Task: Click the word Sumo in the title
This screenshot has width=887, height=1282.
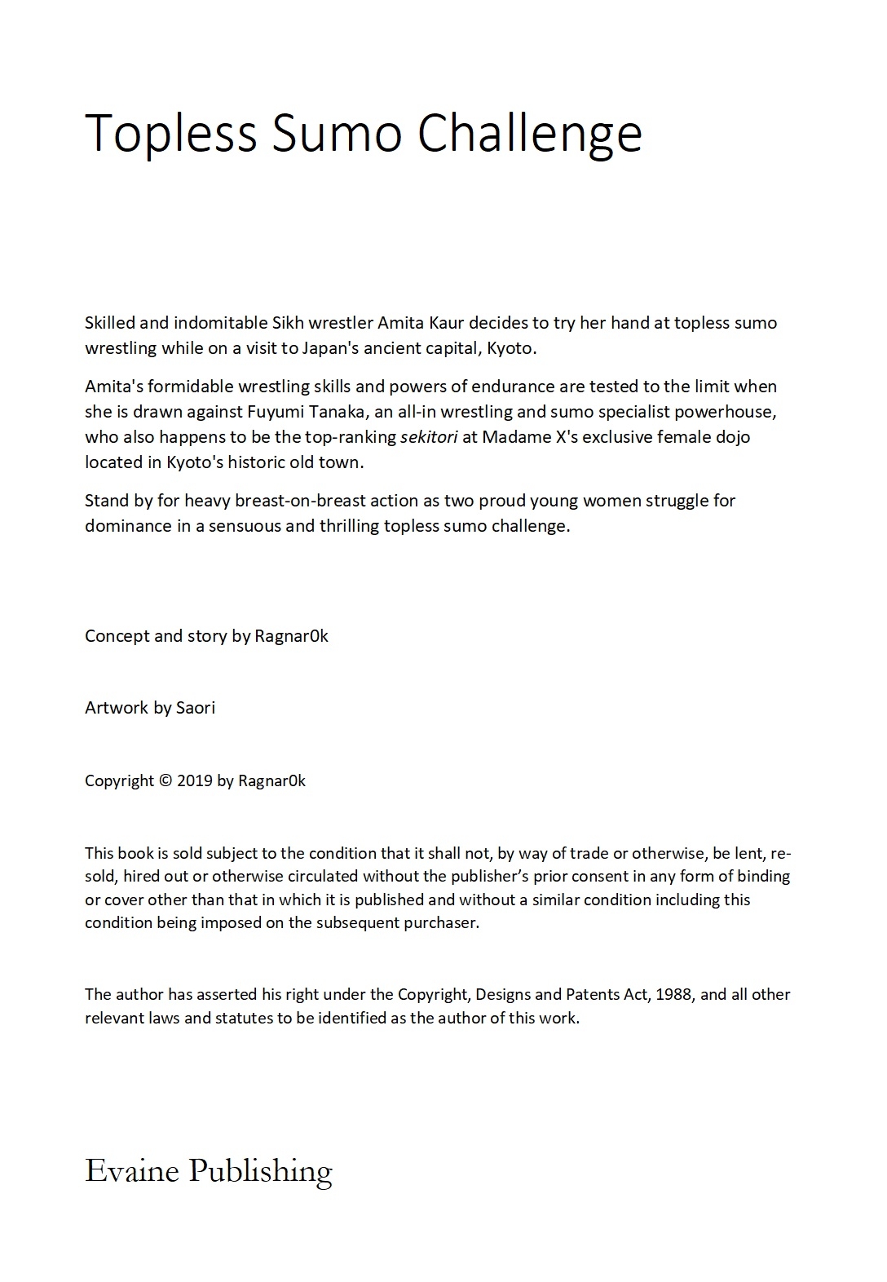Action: pyautogui.click(x=336, y=132)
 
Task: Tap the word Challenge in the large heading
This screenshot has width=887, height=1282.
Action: pyautogui.click(x=530, y=132)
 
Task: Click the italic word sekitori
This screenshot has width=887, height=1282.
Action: pyautogui.click(x=429, y=437)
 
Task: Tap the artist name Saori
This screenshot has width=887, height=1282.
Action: pyautogui.click(x=196, y=708)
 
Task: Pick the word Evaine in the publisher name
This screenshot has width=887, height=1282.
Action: pyautogui.click(x=132, y=1171)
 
